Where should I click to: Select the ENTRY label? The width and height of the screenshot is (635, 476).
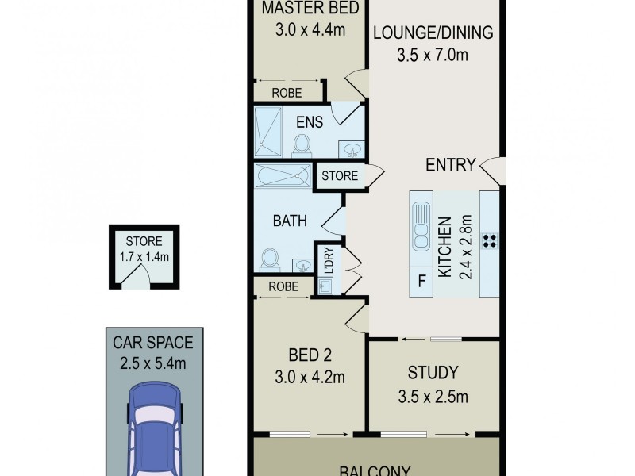coord(450,165)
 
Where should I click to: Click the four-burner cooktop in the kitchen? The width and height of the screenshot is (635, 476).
coord(490,240)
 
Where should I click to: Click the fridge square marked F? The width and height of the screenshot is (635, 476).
coord(421,281)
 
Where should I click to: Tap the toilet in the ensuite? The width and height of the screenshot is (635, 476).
coord(302,144)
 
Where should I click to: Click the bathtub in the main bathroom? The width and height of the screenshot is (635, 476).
coord(283,175)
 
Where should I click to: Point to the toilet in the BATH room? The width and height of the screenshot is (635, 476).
coord(270,259)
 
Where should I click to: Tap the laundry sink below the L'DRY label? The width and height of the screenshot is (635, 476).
coord(325,285)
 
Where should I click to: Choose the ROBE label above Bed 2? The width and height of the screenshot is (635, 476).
coord(283,286)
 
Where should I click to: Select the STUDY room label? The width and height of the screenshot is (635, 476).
coord(433,371)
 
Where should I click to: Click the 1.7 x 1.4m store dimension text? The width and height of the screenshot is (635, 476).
coord(144,256)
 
